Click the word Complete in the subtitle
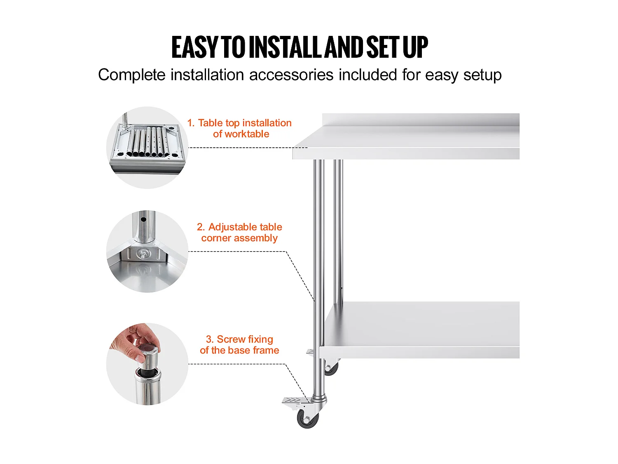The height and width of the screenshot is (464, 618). coord(131,75)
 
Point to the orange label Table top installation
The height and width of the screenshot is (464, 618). coord(245,123)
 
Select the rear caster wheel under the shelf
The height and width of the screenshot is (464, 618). coord(331,368)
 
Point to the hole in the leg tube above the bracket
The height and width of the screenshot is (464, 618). coord(143,219)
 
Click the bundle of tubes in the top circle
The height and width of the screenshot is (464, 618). coord(148,142)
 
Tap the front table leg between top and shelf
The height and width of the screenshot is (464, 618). coord(318,231)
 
